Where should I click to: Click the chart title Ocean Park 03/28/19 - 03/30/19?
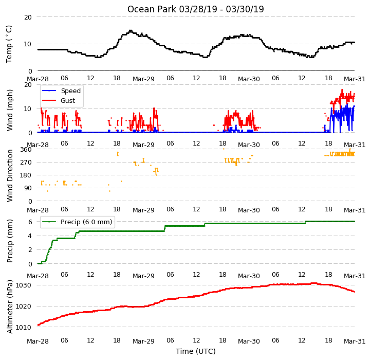(195, 9)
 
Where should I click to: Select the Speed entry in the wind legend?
(61, 91)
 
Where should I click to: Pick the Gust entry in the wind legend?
(59, 100)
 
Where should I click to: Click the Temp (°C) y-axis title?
(9, 44)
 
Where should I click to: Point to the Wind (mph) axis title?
(9, 110)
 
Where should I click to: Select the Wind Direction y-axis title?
(9, 175)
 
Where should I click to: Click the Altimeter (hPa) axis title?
(9, 307)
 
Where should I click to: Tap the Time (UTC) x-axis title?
(196, 351)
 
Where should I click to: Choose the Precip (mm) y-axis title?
(9, 241)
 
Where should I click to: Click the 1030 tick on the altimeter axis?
(24, 285)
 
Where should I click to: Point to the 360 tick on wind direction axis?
(26, 150)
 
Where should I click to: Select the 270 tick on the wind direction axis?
(26, 162)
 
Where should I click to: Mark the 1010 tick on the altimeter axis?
(24, 327)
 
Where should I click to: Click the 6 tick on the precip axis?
(30, 222)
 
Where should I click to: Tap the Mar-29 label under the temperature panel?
(143, 79)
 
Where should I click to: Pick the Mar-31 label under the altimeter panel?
(355, 341)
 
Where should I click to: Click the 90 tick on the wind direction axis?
(28, 188)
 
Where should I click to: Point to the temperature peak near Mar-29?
(131, 30)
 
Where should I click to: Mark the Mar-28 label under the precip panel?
(38, 276)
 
